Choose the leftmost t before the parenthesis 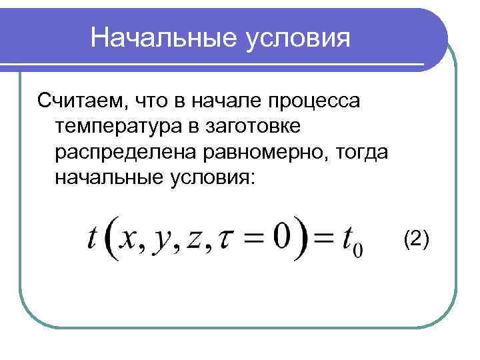[91, 238]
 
